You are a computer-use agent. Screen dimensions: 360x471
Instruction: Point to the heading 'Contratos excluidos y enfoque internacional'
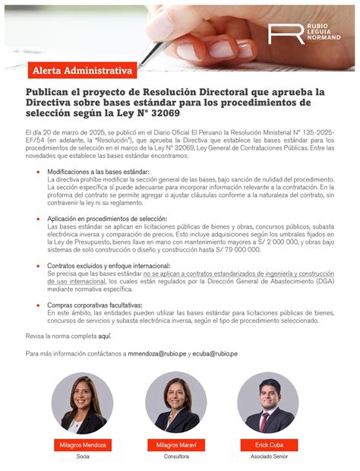click(x=109, y=266)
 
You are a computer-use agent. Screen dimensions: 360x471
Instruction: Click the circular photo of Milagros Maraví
click(x=176, y=403)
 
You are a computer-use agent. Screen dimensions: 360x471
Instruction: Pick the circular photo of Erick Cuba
click(x=268, y=403)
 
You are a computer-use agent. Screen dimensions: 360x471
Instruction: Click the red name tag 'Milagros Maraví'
click(x=176, y=444)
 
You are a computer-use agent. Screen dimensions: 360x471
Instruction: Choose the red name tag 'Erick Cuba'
click(x=268, y=444)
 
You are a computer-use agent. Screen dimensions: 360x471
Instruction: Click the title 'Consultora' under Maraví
click(x=176, y=457)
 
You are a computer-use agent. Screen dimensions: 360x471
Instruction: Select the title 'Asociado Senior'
click(x=268, y=457)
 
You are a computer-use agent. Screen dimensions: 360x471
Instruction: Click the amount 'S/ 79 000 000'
click(x=236, y=249)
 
